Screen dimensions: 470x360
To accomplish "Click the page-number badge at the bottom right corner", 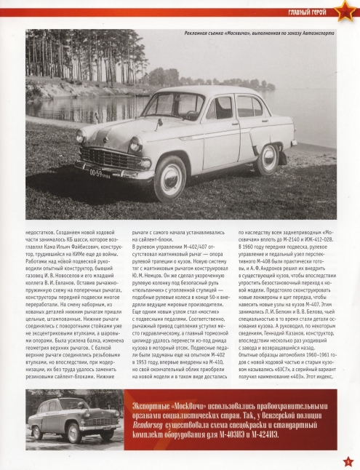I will [348, 460].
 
